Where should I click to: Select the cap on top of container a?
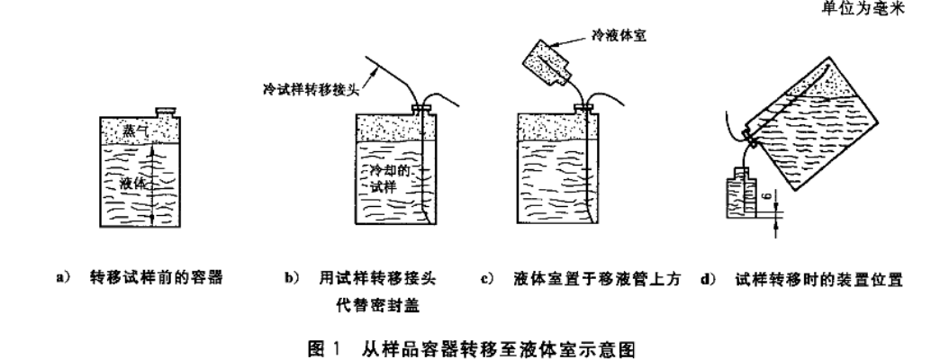click(165, 112)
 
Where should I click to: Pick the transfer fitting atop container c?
click(584, 108)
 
